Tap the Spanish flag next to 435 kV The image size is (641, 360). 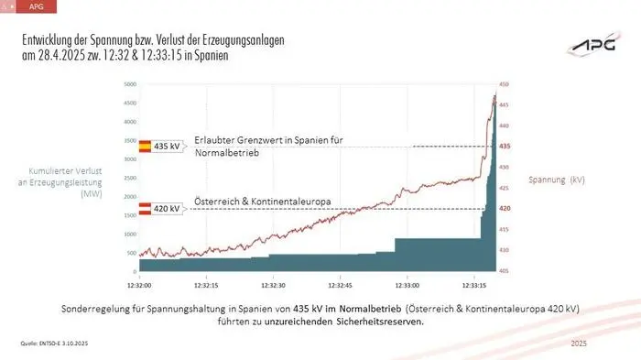pos(144,147)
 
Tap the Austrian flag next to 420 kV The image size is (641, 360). pos(144,209)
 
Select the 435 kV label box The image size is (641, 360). pos(168,147)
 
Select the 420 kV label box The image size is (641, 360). pos(168,209)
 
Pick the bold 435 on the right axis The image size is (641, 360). pos(505,147)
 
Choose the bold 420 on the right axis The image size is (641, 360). pos(505,209)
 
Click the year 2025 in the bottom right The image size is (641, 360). pos(578,343)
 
